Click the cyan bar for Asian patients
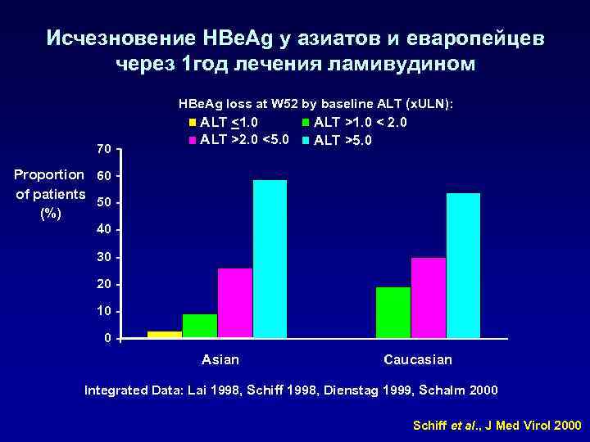pos(270,259)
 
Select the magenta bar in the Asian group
pos(234,303)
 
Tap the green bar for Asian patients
pos(199,326)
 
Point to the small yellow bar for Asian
pos(165,334)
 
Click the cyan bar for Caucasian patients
pos(463,265)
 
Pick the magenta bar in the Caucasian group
pos(428,297)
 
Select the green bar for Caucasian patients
pos(393,312)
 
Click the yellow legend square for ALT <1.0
pos(193,124)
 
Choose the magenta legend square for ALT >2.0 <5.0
pos(193,139)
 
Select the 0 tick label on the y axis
pos(107,339)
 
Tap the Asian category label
pos(220,360)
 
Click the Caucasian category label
pos(417,360)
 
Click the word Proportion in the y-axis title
pos(49,174)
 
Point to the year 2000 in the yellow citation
pos(566,426)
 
